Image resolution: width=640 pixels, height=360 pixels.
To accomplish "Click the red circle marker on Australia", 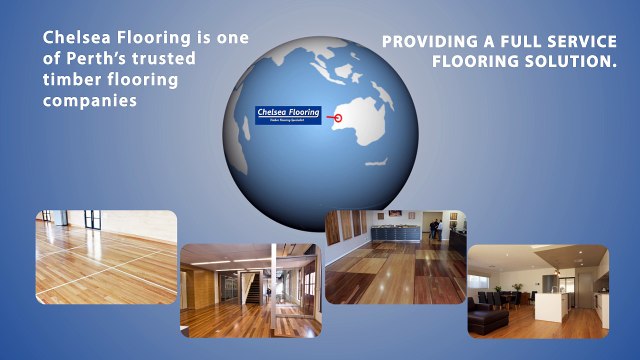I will coord(337,117).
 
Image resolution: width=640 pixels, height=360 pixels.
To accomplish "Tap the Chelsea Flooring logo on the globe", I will coord(288,115).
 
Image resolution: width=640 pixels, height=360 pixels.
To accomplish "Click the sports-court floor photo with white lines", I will coord(106,255).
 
